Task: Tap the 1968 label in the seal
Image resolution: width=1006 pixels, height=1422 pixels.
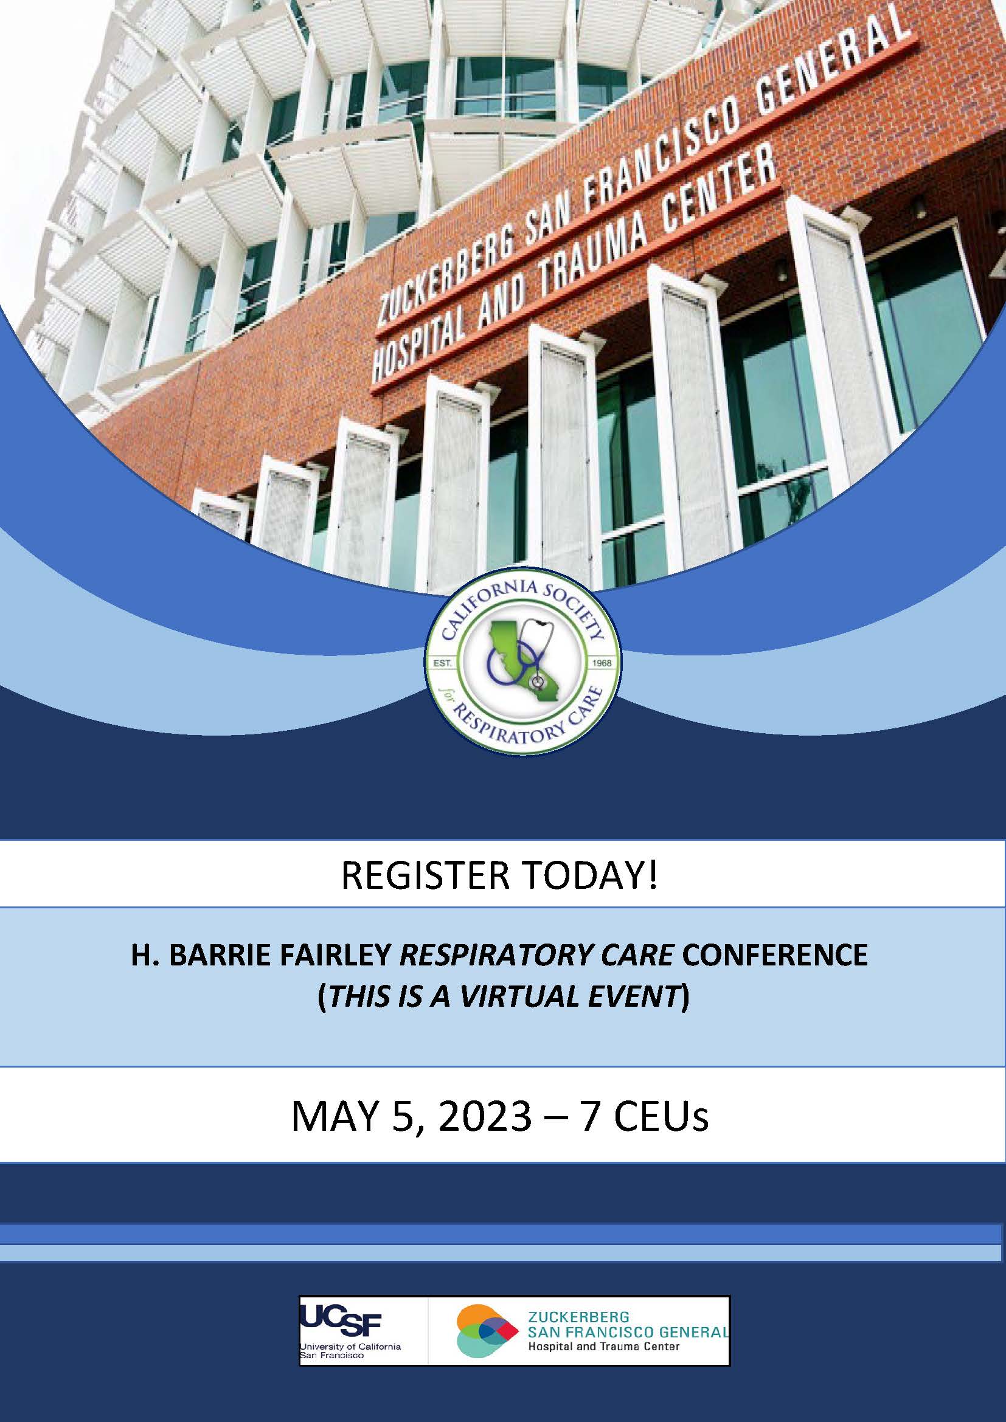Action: tap(602, 663)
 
